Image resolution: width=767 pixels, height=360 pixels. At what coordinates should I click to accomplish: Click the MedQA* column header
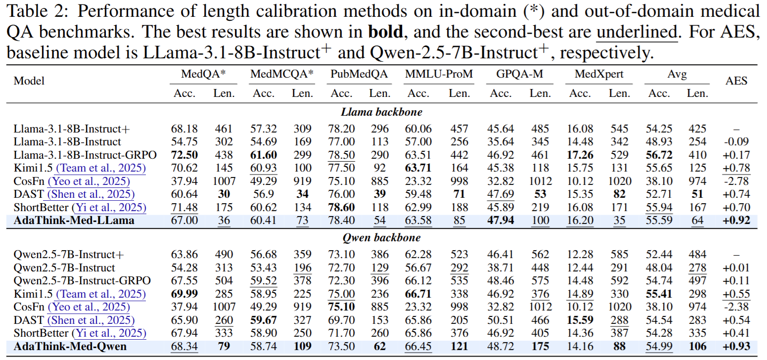pyautogui.click(x=204, y=74)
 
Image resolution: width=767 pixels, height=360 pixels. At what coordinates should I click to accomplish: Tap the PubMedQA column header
pyautogui.click(x=359, y=74)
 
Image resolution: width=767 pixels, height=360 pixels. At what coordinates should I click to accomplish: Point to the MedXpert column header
pyautogui.click(x=599, y=74)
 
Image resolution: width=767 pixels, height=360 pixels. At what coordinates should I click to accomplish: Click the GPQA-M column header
pyautogui.click(x=520, y=74)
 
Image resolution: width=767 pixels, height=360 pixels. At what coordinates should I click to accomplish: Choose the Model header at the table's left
pyautogui.click(x=29, y=81)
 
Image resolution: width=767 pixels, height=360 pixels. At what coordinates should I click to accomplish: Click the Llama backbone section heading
pyautogui.click(x=382, y=112)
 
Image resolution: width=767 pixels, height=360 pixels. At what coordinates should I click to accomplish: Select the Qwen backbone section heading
pyautogui.click(x=382, y=238)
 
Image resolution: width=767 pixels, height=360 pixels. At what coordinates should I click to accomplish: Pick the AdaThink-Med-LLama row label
pyautogui.click(x=74, y=221)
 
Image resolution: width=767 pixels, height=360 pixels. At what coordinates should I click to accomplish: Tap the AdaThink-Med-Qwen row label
pyautogui.click(x=70, y=346)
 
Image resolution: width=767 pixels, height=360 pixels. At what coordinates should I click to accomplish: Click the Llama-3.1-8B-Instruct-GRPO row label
pyautogui.click(x=85, y=155)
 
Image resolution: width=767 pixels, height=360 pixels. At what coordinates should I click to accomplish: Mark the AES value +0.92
pyautogui.click(x=737, y=221)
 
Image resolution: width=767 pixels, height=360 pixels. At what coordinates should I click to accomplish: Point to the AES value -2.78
pyautogui.click(x=737, y=181)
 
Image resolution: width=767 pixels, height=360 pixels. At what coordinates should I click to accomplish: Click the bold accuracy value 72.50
pyautogui.click(x=184, y=155)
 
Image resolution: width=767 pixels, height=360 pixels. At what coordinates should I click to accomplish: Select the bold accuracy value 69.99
pyautogui.click(x=184, y=294)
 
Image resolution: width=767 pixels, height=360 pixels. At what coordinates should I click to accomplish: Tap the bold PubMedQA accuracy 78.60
pyautogui.click(x=341, y=207)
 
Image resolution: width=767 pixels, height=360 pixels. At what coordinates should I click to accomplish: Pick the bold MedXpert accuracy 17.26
pyautogui.click(x=580, y=155)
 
